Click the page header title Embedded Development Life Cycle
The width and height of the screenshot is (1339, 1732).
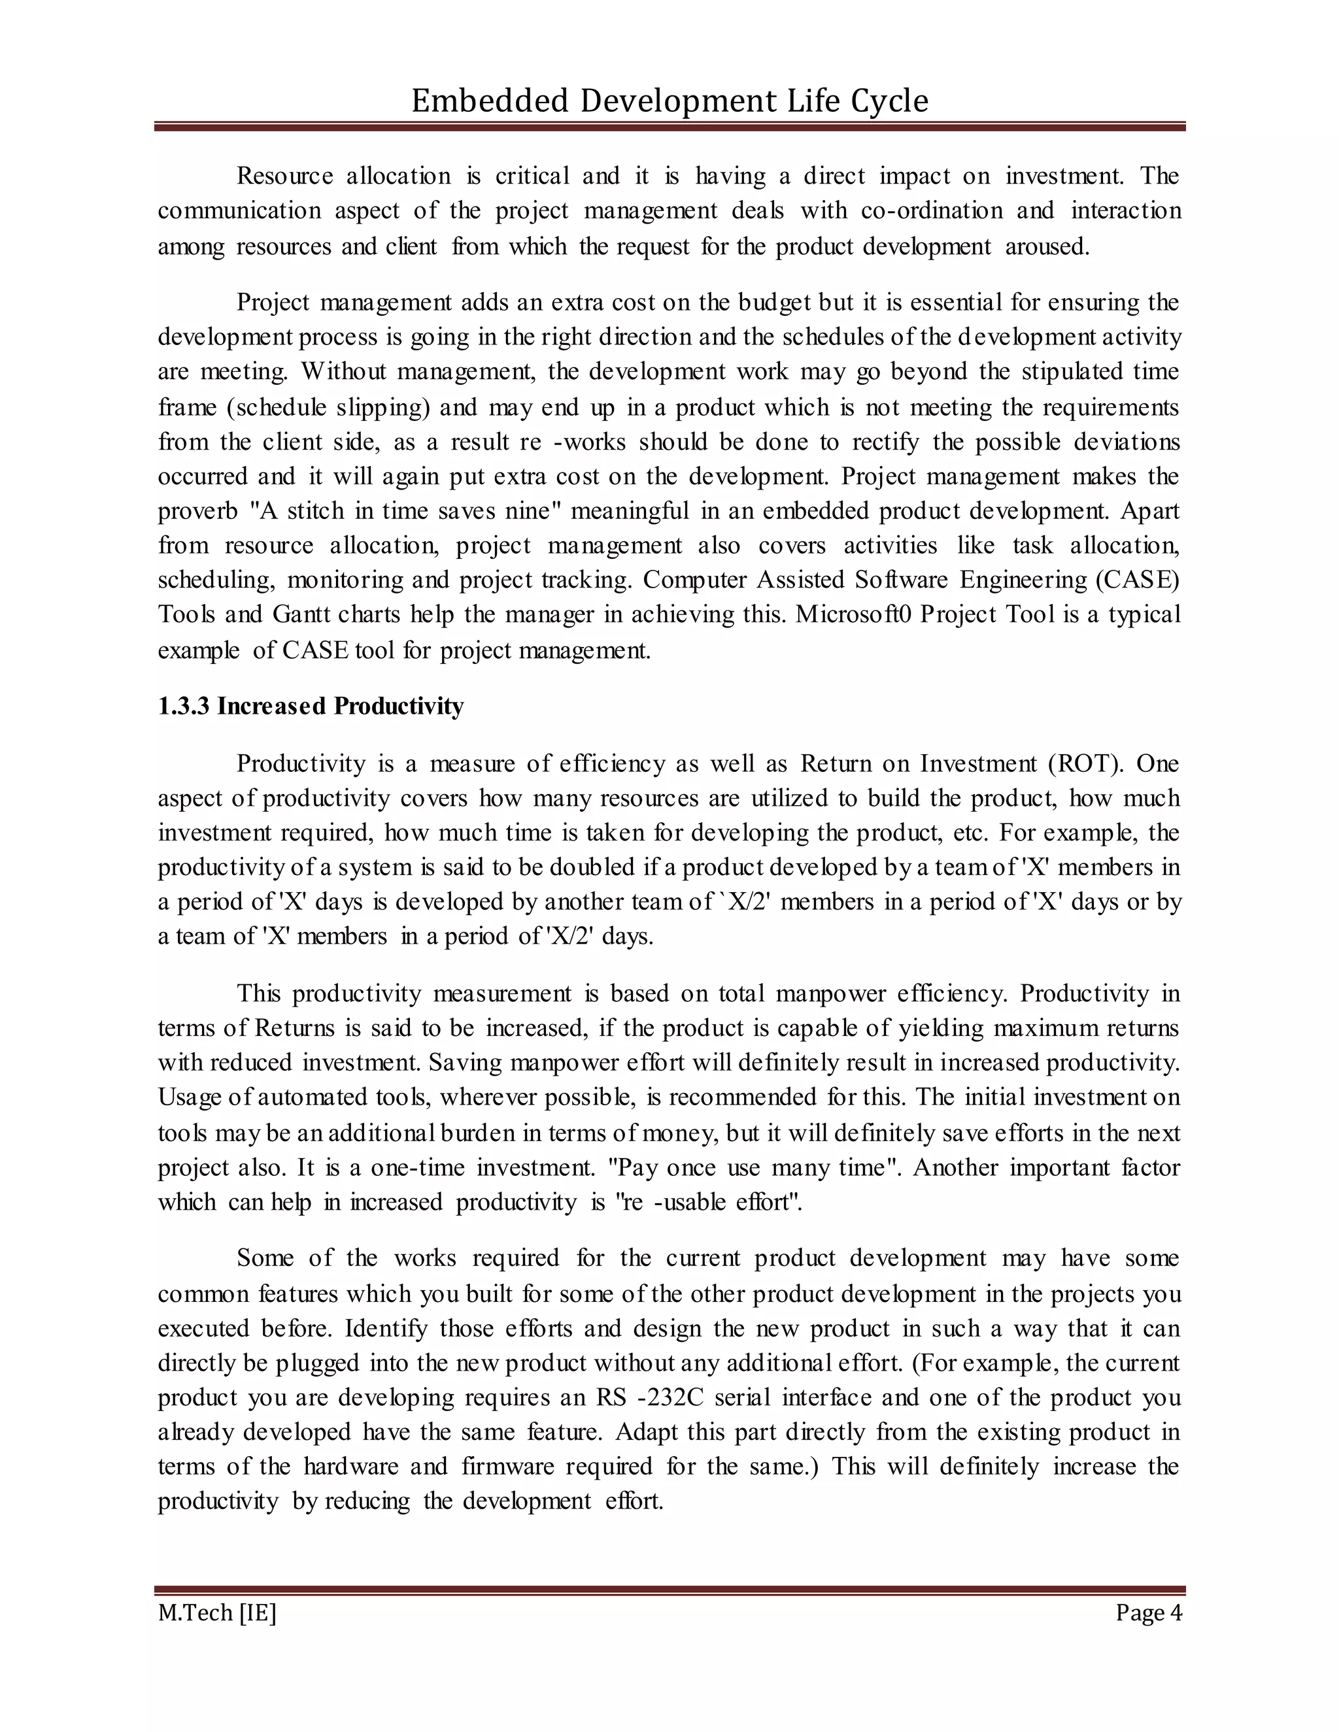(669, 101)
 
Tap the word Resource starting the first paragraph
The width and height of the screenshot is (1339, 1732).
(285, 176)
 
